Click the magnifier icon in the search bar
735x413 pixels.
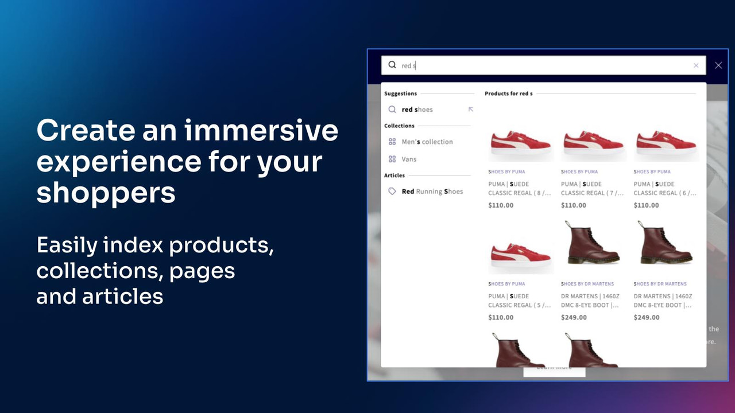pos(392,65)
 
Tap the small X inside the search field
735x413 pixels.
pos(696,65)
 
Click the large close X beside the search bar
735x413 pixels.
pos(718,65)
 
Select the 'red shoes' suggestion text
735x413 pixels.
pos(417,110)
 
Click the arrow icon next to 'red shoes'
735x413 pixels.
pos(471,109)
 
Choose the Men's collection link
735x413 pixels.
pos(427,142)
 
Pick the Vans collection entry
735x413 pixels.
pos(409,159)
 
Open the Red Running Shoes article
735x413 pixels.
pos(432,192)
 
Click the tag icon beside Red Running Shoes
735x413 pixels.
pos(392,192)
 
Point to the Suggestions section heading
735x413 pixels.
pos(400,93)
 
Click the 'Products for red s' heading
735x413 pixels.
pos(508,93)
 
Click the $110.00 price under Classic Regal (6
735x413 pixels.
pos(646,205)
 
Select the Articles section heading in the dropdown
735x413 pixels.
pos(394,176)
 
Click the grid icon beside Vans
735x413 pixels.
pos(392,159)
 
